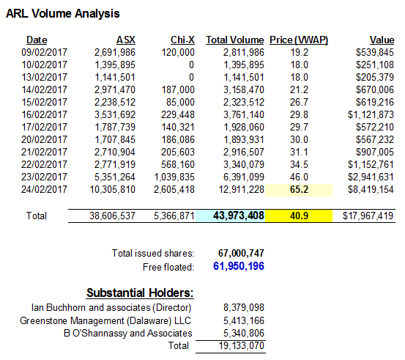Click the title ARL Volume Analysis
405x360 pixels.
pyautogui.click(x=63, y=13)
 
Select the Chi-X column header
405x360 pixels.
pyautogui.click(x=182, y=40)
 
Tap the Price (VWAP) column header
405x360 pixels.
pyautogui.click(x=299, y=40)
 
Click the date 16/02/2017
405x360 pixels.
pyautogui.click(x=44, y=114)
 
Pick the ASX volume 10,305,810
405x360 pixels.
pyautogui.click(x=112, y=190)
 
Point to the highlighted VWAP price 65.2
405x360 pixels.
pyautogui.click(x=299, y=190)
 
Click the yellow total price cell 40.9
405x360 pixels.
pyautogui.click(x=299, y=216)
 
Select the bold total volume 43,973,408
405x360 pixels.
pyautogui.click(x=239, y=216)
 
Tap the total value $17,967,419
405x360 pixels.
pyautogui.click(x=368, y=216)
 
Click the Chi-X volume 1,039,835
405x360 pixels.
pyautogui.click(x=174, y=177)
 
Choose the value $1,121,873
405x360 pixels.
pyautogui.click(x=371, y=114)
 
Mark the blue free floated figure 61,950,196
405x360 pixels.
pyautogui.click(x=239, y=266)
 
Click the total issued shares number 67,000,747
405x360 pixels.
pyautogui.click(x=241, y=253)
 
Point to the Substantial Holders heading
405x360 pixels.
pyautogui.click(x=140, y=293)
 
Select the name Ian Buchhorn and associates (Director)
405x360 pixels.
pyautogui.click(x=111, y=307)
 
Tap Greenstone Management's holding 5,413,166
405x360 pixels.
pyautogui.click(x=244, y=320)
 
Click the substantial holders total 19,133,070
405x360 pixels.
pyautogui.click(x=241, y=346)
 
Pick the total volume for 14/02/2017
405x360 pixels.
pyautogui.click(x=244, y=89)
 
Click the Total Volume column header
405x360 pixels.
pyautogui.click(x=235, y=40)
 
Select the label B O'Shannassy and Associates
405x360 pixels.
pyautogui.click(x=128, y=333)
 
